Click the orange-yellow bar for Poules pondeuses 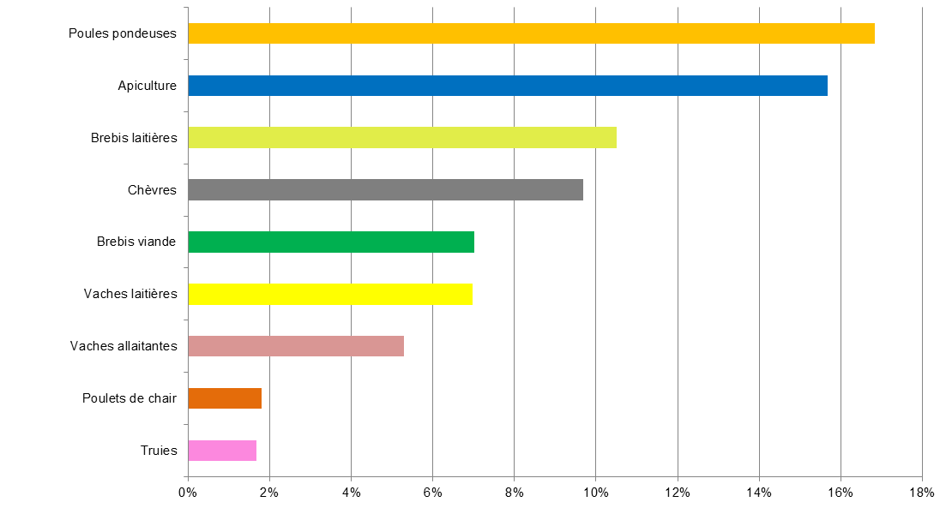pyautogui.click(x=531, y=33)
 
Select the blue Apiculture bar pyautogui.click(x=508, y=86)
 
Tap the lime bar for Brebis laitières pyautogui.click(x=402, y=138)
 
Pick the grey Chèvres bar pyautogui.click(x=385, y=190)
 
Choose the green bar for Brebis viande pyautogui.click(x=331, y=242)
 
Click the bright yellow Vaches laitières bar pyautogui.click(x=330, y=294)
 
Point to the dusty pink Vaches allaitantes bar pyautogui.click(x=296, y=346)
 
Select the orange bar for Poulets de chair pyautogui.click(x=225, y=398)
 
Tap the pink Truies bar pyautogui.click(x=222, y=451)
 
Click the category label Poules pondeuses pyautogui.click(x=123, y=33)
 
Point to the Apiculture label pyautogui.click(x=147, y=86)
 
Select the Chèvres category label pyautogui.click(x=153, y=190)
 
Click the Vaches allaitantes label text pyautogui.click(x=124, y=346)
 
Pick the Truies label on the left pyautogui.click(x=159, y=451)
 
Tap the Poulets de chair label pyautogui.click(x=130, y=398)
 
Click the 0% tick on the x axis pyautogui.click(x=188, y=492)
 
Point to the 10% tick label pyautogui.click(x=595, y=492)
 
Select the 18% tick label pyautogui.click(x=921, y=492)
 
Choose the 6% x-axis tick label pyautogui.click(x=432, y=492)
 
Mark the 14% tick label pyautogui.click(x=758, y=492)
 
